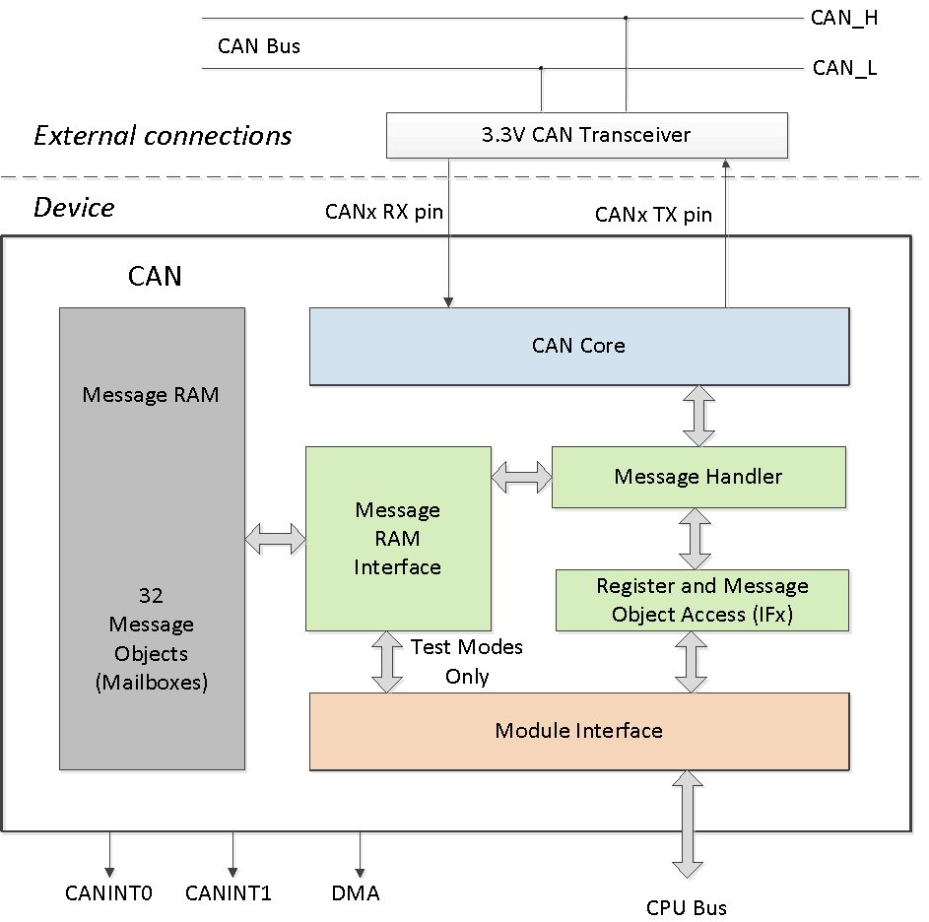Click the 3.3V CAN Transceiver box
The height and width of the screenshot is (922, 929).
pos(586,135)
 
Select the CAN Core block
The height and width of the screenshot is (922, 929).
pos(578,346)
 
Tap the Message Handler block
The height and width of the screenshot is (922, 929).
pos(697,477)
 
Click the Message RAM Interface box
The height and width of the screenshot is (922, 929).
pos(397,538)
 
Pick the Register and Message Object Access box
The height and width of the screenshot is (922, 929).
pos(701,600)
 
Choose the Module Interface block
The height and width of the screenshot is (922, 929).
pos(578,731)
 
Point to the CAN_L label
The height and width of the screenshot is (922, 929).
pos(844,68)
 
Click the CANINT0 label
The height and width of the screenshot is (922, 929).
pos(108,893)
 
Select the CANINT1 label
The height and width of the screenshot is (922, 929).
pos(229,893)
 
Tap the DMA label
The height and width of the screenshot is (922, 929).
pos(356,893)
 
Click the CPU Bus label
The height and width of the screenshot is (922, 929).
pos(687,907)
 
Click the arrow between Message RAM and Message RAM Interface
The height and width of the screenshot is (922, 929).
pos(275,538)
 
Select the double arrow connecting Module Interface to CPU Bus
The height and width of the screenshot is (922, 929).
pos(687,823)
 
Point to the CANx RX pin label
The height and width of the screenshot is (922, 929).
pos(383,212)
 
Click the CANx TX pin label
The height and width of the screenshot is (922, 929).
pos(653,214)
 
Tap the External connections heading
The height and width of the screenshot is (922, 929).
pos(163,135)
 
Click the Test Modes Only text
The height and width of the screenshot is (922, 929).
pos(466,661)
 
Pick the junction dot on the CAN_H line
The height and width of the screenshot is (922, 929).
pos(626,18)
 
